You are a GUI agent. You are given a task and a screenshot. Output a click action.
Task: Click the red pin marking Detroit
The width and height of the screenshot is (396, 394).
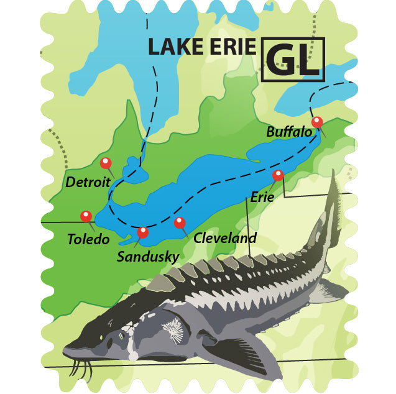(x=106, y=163)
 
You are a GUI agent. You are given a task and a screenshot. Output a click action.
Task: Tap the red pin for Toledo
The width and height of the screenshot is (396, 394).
(x=86, y=216)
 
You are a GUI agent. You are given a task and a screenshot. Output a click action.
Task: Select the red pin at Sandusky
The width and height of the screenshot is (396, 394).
(x=143, y=232)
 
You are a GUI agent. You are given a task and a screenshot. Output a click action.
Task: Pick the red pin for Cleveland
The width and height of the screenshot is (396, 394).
(x=180, y=222)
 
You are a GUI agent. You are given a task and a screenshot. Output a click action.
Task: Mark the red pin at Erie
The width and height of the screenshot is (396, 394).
(x=278, y=175)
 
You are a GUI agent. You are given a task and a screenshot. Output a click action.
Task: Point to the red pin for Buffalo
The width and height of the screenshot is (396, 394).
(x=317, y=121)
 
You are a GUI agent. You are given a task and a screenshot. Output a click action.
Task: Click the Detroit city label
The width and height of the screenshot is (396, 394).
(x=88, y=183)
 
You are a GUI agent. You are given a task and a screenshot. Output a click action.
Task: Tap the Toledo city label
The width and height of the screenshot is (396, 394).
(x=89, y=239)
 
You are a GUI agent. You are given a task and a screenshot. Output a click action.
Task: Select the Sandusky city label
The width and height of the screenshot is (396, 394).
(x=148, y=256)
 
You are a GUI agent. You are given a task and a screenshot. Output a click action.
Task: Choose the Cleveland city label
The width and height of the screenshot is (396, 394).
(x=225, y=237)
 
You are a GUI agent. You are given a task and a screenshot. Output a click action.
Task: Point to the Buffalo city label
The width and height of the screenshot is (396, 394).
(x=288, y=132)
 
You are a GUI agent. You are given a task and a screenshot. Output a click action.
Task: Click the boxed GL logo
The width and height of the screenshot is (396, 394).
(x=293, y=59)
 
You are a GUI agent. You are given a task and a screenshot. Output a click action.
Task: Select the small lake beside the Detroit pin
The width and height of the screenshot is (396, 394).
(x=132, y=167)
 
